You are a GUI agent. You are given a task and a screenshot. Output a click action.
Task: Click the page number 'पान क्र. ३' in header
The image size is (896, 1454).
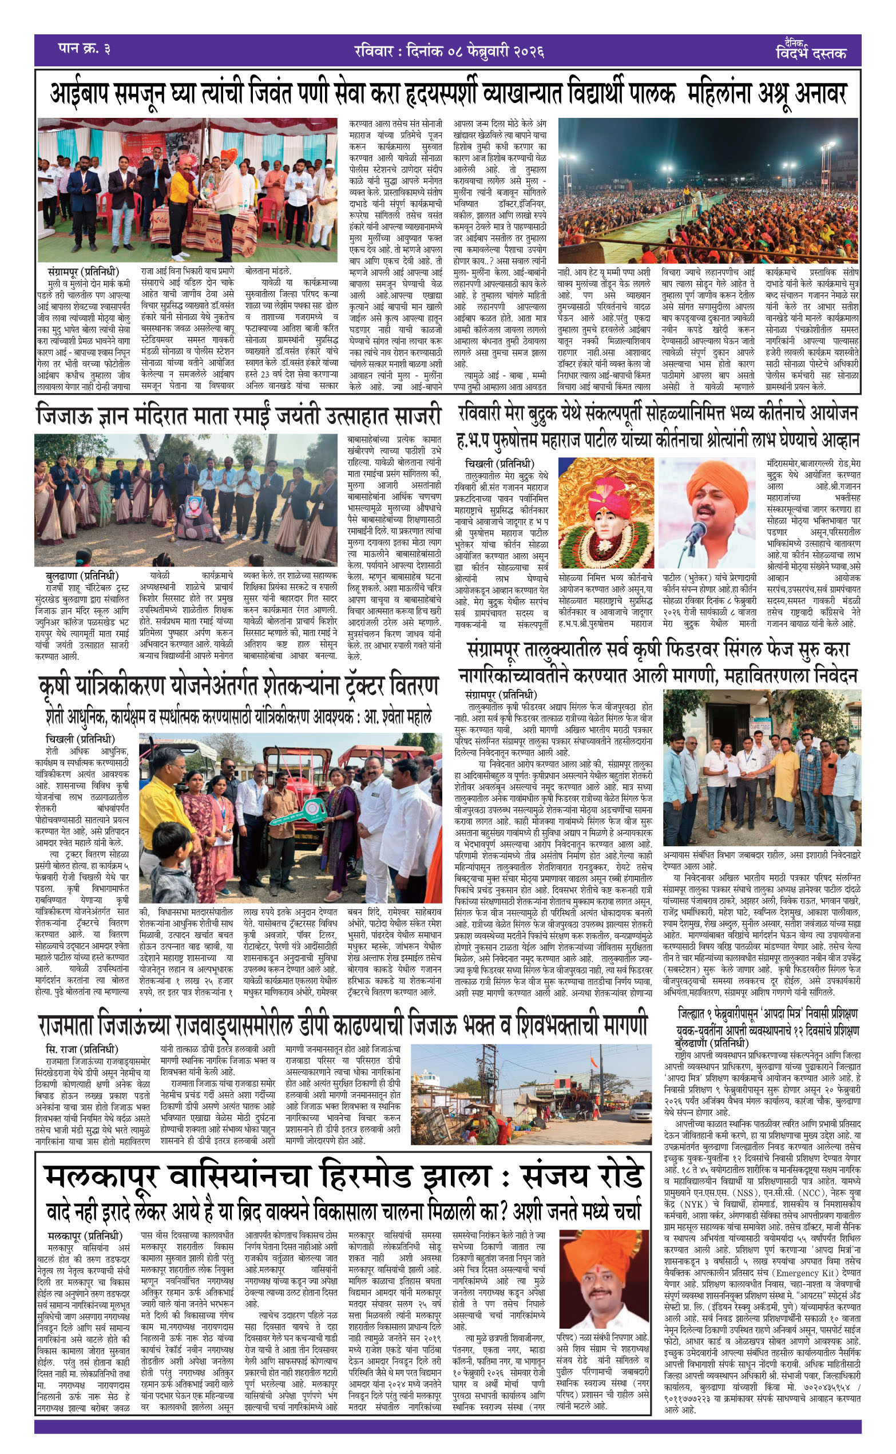(84, 49)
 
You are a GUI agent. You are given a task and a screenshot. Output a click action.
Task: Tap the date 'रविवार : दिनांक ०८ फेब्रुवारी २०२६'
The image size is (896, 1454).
(449, 51)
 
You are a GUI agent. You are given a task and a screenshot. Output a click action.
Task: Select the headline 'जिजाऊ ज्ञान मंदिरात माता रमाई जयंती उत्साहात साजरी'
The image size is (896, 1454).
(239, 415)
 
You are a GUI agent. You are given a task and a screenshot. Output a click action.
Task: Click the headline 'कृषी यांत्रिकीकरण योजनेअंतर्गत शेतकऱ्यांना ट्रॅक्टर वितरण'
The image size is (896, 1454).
(239, 686)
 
